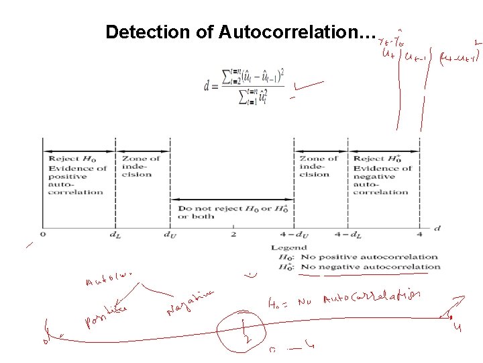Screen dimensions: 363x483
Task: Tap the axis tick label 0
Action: (x=43, y=235)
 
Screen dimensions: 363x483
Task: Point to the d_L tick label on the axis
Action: (x=115, y=235)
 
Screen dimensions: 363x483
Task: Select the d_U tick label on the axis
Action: (x=170, y=235)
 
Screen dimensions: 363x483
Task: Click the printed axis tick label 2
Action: (x=233, y=235)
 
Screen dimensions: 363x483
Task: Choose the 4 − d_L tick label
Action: (x=348, y=235)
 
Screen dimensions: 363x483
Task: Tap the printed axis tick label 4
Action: (x=420, y=235)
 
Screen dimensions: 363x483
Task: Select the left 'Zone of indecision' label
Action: (x=141, y=167)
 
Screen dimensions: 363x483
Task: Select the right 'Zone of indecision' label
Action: (x=319, y=167)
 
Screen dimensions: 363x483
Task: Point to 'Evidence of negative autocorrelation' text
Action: (x=382, y=175)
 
